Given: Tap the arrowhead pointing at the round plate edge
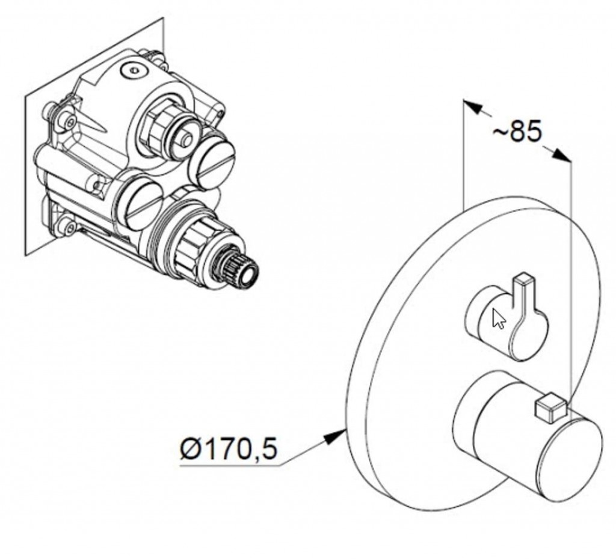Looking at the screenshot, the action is click(x=334, y=436).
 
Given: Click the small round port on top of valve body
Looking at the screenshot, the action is click(x=133, y=71).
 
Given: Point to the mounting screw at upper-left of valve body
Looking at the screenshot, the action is click(x=69, y=122).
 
